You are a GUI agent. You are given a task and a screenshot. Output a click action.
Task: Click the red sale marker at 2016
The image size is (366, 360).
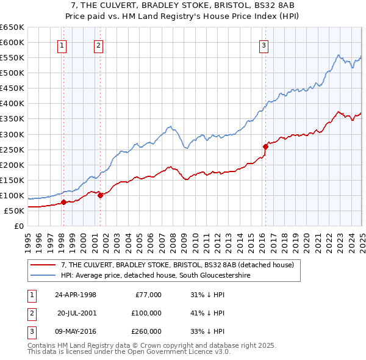tap(266, 146)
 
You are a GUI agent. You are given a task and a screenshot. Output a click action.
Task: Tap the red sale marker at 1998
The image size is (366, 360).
tap(63, 202)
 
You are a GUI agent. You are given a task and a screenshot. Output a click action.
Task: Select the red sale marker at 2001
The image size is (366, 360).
tap(100, 195)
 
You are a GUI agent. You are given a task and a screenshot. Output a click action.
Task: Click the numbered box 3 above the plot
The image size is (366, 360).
tap(264, 44)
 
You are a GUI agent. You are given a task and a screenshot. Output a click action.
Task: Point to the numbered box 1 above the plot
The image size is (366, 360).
tap(63, 44)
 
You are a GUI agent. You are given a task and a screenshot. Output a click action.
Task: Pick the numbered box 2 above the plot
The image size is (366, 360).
tap(98, 44)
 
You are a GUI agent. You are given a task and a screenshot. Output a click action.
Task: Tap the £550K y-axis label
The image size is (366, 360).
tap(12, 58)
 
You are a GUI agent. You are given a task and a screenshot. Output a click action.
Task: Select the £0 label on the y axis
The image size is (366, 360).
tap(18, 226)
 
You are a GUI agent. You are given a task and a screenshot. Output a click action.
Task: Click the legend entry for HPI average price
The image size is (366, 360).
tap(156, 275)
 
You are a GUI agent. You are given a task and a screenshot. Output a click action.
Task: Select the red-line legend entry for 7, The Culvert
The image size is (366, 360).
tap(178, 265)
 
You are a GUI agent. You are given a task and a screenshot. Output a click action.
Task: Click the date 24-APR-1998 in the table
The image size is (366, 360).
tap(76, 294)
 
